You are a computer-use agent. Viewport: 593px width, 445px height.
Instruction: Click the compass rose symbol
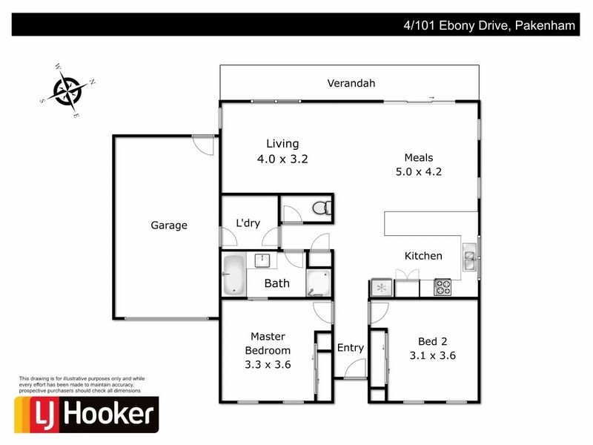[x=70, y=92]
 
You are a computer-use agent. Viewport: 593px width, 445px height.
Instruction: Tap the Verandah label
[x=351, y=83]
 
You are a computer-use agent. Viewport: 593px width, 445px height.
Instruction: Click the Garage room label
[x=169, y=225]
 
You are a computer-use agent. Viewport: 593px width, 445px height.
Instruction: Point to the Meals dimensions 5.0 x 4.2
[x=419, y=171]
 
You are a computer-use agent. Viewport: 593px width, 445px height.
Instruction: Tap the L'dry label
[x=248, y=223]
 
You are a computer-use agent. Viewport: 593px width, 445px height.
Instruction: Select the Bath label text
[x=276, y=283]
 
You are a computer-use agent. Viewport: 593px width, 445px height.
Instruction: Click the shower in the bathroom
[x=319, y=283]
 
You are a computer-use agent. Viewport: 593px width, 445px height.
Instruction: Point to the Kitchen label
[x=423, y=256]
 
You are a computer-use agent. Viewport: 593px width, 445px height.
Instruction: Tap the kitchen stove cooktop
[x=442, y=287]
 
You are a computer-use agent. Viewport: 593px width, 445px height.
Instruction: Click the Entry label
[x=351, y=348]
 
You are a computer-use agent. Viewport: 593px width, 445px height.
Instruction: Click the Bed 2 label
[x=432, y=341]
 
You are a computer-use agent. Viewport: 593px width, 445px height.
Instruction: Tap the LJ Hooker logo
[x=86, y=414]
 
